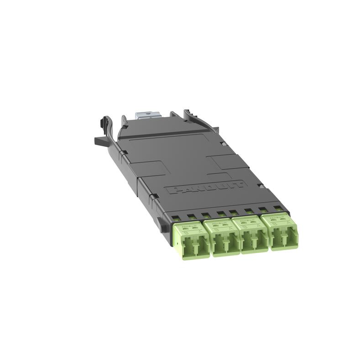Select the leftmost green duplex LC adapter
pyautogui.click(x=191, y=238)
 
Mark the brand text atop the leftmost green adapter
pyautogui.click(x=191, y=226)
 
